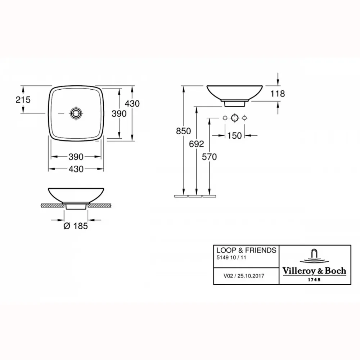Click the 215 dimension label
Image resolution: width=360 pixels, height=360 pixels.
[x=23, y=100]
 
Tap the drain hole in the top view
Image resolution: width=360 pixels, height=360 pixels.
[x=76, y=113]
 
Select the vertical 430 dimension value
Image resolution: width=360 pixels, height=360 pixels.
[x=132, y=104]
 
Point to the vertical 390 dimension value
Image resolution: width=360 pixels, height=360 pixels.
[x=119, y=114]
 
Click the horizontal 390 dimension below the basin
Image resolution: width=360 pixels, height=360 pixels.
[x=76, y=157]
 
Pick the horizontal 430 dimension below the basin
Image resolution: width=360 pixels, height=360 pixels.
[x=76, y=169]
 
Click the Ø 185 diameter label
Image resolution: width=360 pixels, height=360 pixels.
[x=76, y=226]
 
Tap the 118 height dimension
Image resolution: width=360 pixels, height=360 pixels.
[x=278, y=94]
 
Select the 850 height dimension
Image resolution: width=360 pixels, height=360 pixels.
[x=184, y=131]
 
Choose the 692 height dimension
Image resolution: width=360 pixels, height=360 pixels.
[x=197, y=144]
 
